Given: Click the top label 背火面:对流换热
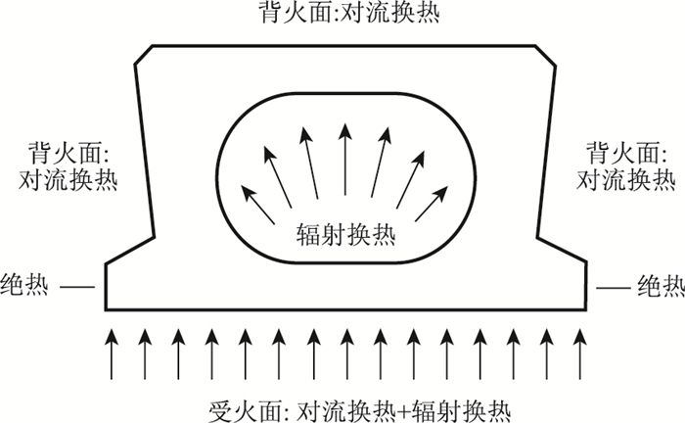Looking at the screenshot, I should click(342, 14).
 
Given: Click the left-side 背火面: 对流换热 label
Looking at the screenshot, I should click(68, 167).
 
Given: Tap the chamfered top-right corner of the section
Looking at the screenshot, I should click(545, 53).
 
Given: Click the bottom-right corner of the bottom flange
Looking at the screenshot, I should click(584, 305).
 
